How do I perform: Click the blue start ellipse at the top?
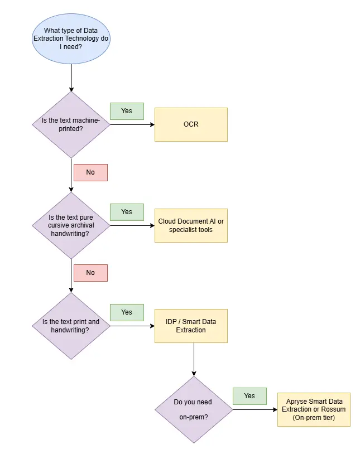71,38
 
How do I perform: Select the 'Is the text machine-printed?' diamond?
71,125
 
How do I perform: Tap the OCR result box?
191,125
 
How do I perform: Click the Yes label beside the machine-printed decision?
127,111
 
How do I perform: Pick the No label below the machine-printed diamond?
90,172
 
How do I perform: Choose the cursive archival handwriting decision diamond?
71,225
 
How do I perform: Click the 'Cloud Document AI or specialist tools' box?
191,225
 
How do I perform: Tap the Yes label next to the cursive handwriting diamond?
127,212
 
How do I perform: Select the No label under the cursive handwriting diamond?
90,273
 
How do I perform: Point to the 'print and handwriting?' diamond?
71,326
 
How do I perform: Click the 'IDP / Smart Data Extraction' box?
191,326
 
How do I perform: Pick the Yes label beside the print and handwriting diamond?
127,312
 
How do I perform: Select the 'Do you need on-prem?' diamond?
194,409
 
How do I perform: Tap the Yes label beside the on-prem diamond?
249,396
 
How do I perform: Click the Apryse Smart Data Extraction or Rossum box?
314,409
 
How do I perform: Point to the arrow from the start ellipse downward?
71,78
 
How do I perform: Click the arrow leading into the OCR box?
132,125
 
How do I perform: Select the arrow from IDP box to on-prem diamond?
194,360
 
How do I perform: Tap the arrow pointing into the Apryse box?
255,409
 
